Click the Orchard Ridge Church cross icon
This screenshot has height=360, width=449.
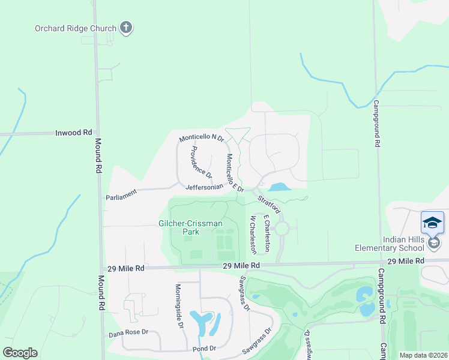click(x=126, y=27)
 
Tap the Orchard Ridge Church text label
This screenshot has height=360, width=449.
click(x=76, y=28)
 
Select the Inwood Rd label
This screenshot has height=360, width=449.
click(x=74, y=132)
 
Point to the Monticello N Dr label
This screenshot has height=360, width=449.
click(x=201, y=139)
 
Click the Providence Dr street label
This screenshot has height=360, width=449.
click(x=202, y=162)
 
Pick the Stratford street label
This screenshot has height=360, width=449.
click(x=270, y=203)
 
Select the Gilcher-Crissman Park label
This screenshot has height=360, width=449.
click(x=190, y=227)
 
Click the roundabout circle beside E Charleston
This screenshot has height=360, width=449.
click(x=282, y=228)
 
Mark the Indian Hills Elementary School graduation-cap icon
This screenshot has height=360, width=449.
click(x=432, y=223)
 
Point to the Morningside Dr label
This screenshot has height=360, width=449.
click(x=179, y=305)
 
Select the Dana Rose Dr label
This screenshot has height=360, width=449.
click(x=128, y=335)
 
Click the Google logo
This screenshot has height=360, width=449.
click(x=20, y=353)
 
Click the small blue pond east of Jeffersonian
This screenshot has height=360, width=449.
click(x=279, y=187)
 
